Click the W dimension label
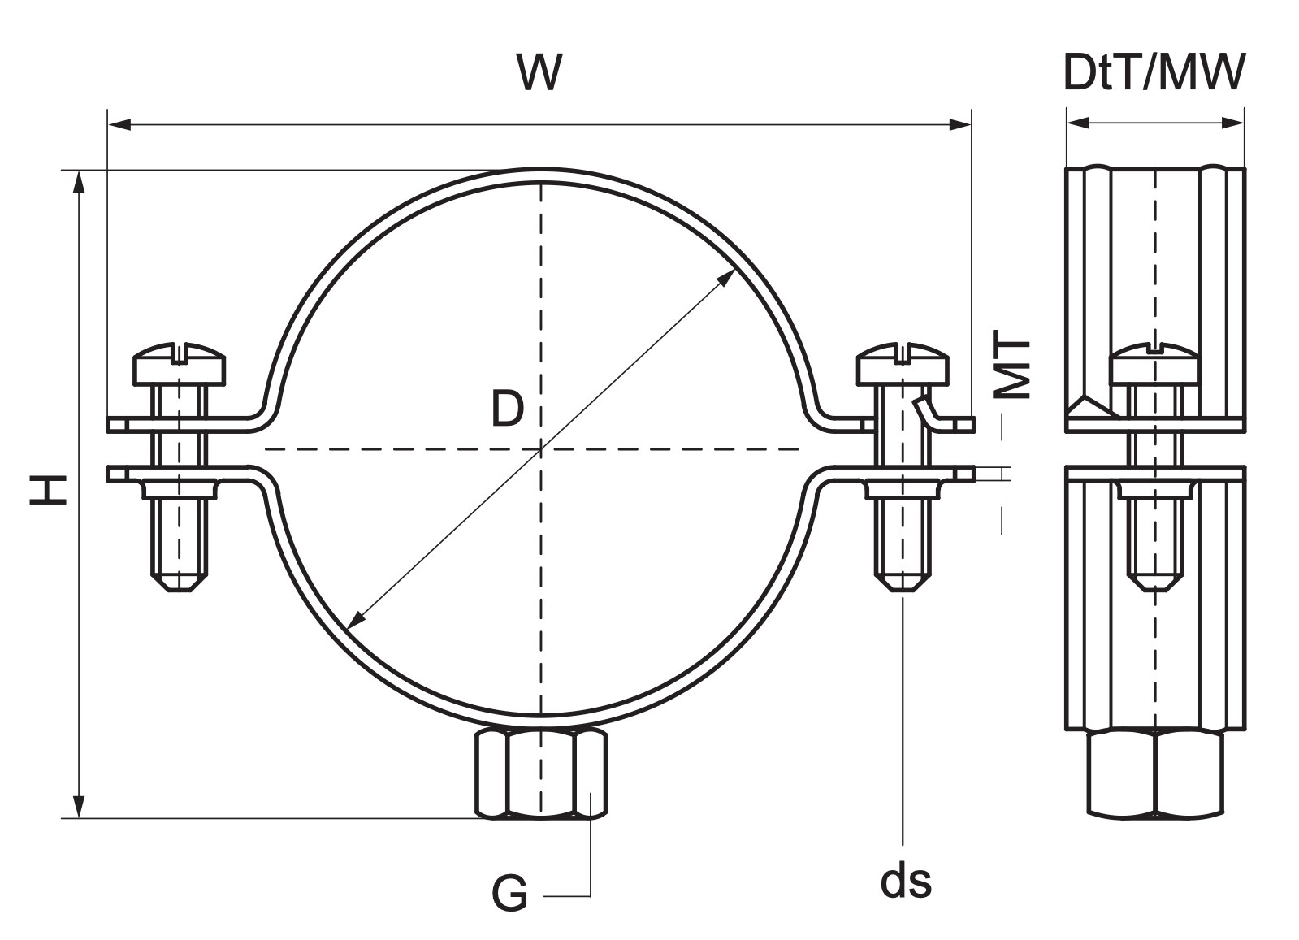tap(539, 73)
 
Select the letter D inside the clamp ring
tap(508, 408)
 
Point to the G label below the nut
tap(509, 894)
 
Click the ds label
tap(906, 881)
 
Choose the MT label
tap(1011, 364)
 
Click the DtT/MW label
tap(1154, 72)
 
